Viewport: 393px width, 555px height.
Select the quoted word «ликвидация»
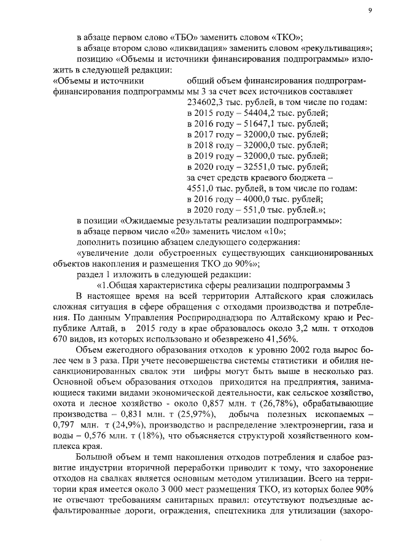pyautogui.click(x=189, y=48)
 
